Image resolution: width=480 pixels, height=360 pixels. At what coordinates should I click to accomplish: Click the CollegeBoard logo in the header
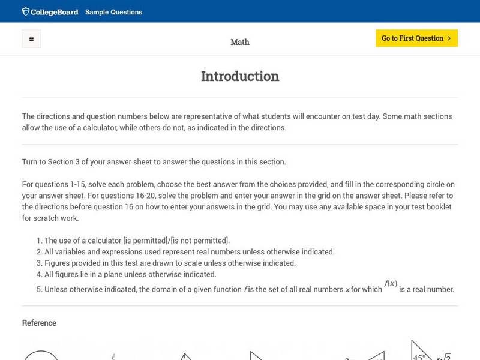(50, 11)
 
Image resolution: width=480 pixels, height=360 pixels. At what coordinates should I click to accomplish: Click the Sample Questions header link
(113, 12)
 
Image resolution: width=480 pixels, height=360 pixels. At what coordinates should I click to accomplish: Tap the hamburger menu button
(31, 38)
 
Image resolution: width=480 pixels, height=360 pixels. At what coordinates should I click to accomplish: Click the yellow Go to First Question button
(416, 38)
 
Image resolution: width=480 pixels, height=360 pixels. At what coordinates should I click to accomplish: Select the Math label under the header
(240, 42)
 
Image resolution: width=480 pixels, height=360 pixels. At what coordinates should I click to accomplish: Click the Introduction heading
(240, 76)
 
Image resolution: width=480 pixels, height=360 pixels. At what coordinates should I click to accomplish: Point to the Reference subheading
(39, 323)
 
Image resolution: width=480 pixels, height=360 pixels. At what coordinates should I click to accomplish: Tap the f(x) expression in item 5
(391, 284)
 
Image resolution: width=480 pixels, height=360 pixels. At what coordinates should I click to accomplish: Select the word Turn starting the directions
(31, 161)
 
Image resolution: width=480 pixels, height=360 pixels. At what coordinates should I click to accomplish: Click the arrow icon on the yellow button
(449, 38)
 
